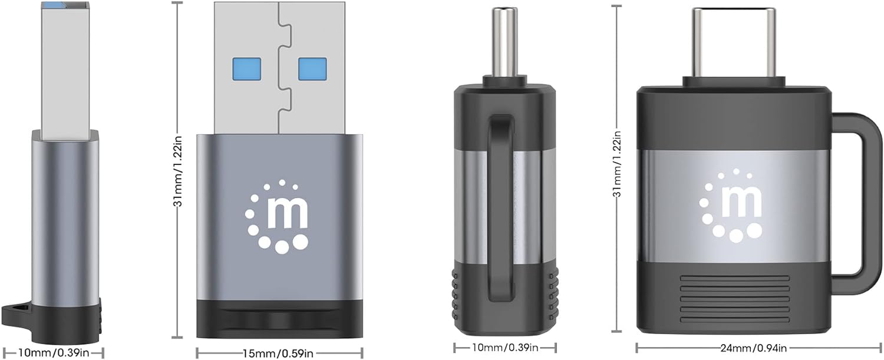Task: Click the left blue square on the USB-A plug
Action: pyautogui.click(x=246, y=69)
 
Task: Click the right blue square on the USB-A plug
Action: pyautogui.click(x=312, y=69)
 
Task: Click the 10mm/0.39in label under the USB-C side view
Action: pyautogui.click(x=505, y=348)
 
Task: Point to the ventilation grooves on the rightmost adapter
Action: pyautogui.click(x=734, y=297)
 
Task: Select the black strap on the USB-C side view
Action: pyautogui.click(x=502, y=200)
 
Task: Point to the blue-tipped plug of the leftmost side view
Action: pyautogui.click(x=65, y=65)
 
